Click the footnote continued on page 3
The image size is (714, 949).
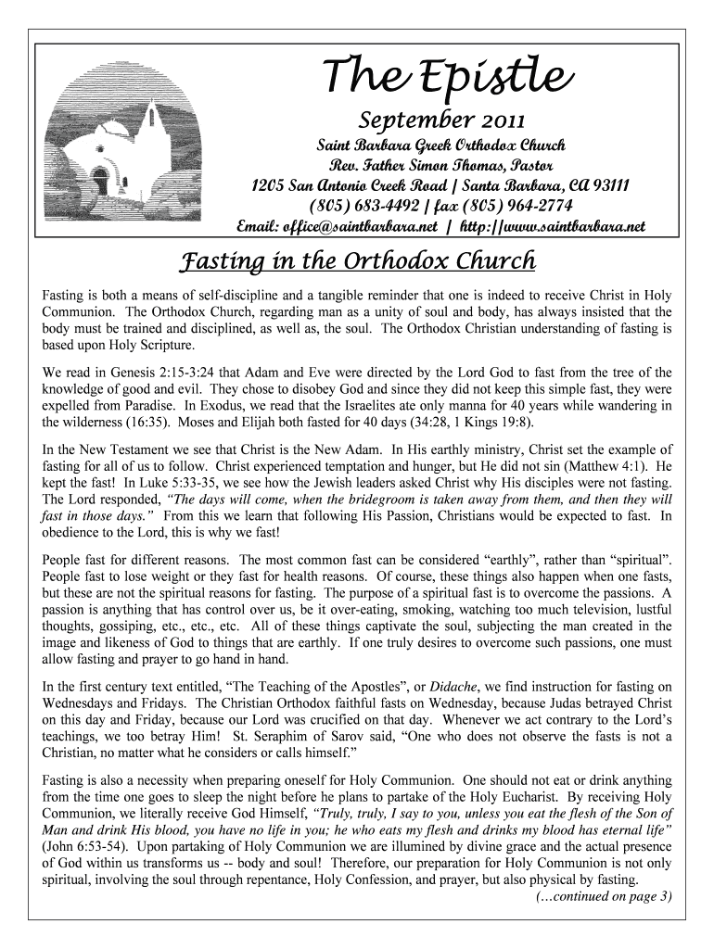point(604,896)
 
